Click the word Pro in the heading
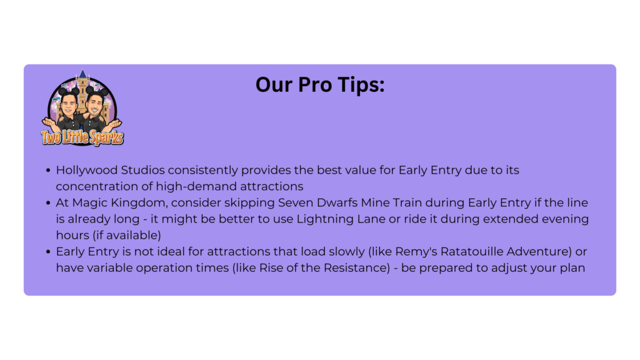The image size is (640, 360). [314, 85]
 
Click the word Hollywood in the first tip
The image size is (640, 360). [86, 171]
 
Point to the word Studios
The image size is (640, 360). [143, 170]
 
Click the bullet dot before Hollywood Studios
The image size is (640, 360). [48, 170]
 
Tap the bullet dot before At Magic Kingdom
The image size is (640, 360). [48, 203]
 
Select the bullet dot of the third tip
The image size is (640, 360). [48, 252]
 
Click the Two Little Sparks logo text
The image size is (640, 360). [82, 137]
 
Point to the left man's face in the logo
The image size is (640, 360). [69, 104]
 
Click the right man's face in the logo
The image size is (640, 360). [95, 104]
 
